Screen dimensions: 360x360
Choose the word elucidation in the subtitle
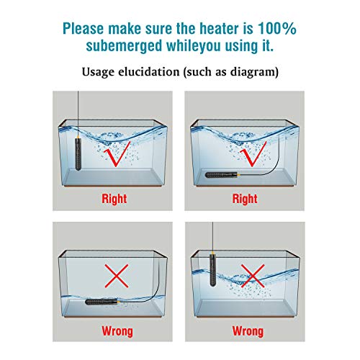(149, 72)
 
